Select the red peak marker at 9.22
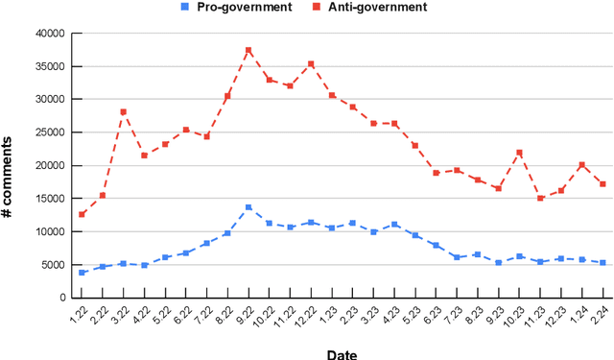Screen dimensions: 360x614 pos(248,50)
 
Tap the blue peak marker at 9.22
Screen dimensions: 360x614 pos(248,207)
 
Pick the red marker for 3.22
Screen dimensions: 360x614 pos(124,112)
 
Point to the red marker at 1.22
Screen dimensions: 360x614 pos(83,214)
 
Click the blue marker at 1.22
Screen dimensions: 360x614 pos(83,273)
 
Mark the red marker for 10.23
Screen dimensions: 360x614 pos(519,153)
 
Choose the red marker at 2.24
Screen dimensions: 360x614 pos(602,184)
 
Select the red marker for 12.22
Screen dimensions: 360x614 pos(311,64)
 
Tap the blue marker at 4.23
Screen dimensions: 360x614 pos(394,225)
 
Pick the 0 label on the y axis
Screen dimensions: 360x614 pos(62,298)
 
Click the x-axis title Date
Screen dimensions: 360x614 pos(340,352)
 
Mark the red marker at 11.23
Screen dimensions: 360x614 pos(540,198)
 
